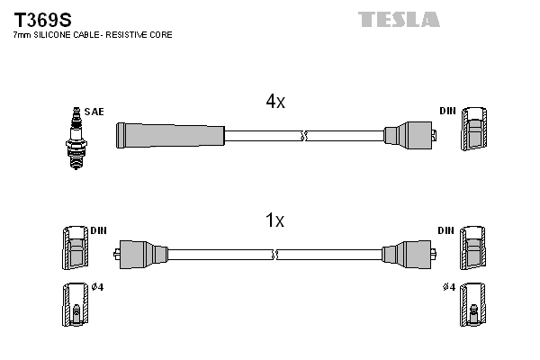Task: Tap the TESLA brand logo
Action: tap(399, 19)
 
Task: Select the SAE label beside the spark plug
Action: tap(95, 112)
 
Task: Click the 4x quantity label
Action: tap(275, 102)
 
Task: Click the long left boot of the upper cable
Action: tap(169, 136)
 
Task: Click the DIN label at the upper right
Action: tap(447, 111)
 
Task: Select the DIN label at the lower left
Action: tap(98, 230)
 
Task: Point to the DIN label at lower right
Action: tap(445, 230)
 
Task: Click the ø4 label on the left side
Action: tap(97, 288)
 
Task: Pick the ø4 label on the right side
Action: tap(447, 288)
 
